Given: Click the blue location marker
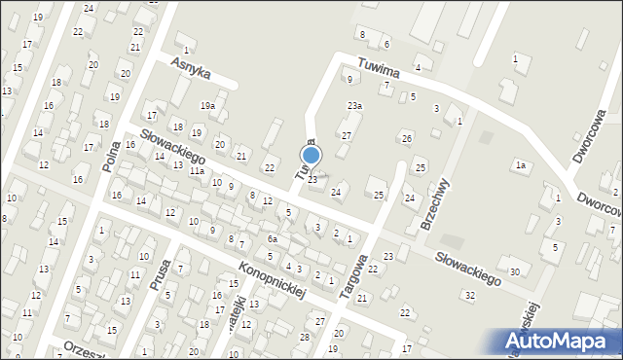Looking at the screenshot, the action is click(x=311, y=155).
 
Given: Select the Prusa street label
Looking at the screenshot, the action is click(x=162, y=274).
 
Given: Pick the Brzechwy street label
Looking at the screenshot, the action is click(x=433, y=201).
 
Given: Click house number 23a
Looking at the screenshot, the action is click(x=354, y=105).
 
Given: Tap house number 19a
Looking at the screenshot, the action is click(x=207, y=105).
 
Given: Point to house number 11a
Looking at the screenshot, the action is click(x=198, y=171).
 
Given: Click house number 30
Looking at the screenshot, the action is click(x=514, y=270).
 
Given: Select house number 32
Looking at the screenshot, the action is click(x=469, y=294).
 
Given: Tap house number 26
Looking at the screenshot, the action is click(x=407, y=138).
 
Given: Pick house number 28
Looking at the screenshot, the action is click(x=304, y=337).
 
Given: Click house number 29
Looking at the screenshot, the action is click(x=338, y=332).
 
